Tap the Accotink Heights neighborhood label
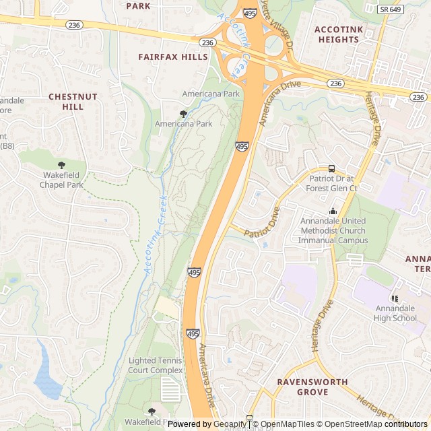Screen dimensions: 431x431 pyautogui.click(x=337, y=34)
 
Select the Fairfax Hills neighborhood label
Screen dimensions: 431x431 pyautogui.click(x=173, y=57)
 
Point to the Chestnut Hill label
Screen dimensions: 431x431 pyautogui.click(x=73, y=102)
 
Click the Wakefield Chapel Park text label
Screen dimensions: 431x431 pyautogui.click(x=61, y=180)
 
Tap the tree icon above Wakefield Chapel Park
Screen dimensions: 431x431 pyautogui.click(x=61, y=165)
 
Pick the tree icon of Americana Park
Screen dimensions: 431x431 pyautogui.click(x=183, y=114)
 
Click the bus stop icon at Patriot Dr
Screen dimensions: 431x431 pyautogui.click(x=331, y=168)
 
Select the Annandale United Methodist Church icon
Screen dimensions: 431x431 pyautogui.click(x=333, y=211)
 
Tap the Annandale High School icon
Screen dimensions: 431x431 pyautogui.click(x=395, y=298)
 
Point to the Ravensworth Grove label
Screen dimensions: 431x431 pyautogui.click(x=312, y=387)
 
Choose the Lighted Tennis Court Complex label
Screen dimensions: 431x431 pyautogui.click(x=156, y=366)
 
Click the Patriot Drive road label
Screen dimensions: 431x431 pyautogui.click(x=263, y=222)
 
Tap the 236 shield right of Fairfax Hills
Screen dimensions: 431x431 pyautogui.click(x=208, y=42)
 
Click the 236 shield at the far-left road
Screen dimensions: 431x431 pyautogui.click(x=74, y=24)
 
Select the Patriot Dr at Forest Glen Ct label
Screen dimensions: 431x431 pyautogui.click(x=332, y=183)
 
